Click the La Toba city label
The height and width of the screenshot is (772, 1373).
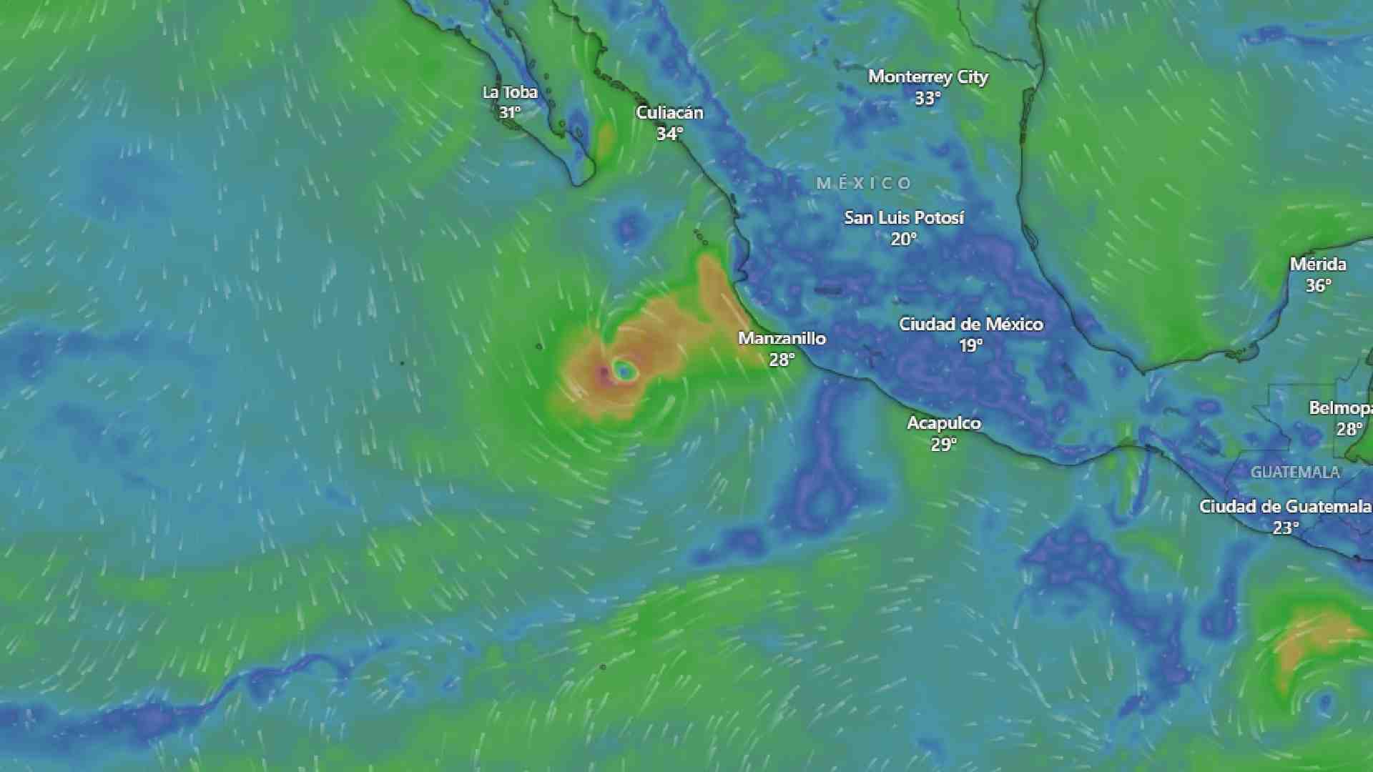click(510, 92)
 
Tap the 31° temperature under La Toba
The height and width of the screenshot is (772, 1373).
click(510, 113)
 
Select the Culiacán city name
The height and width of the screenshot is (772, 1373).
click(669, 113)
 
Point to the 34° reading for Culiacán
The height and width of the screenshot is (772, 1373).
click(669, 134)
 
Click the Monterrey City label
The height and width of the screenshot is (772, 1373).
click(927, 76)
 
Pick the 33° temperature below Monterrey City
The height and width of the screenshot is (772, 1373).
click(927, 98)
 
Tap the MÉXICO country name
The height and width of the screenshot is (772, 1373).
click(864, 184)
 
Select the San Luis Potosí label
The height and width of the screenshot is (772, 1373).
click(904, 217)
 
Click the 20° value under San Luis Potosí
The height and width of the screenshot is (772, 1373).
click(903, 239)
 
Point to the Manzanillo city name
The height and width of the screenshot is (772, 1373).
click(782, 338)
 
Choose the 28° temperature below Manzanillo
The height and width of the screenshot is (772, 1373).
click(782, 360)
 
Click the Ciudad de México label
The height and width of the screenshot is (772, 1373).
click(970, 324)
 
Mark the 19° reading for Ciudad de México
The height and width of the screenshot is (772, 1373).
click(970, 345)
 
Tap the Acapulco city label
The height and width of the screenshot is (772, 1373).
click(944, 423)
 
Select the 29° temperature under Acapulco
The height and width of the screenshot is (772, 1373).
click(943, 445)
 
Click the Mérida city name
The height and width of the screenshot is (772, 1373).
click(1317, 264)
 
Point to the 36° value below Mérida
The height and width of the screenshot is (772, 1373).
click(1318, 286)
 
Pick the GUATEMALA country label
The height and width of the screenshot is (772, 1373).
click(1294, 472)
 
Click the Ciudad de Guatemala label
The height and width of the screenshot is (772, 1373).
click(1284, 507)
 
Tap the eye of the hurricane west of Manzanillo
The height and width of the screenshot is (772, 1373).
click(624, 370)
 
